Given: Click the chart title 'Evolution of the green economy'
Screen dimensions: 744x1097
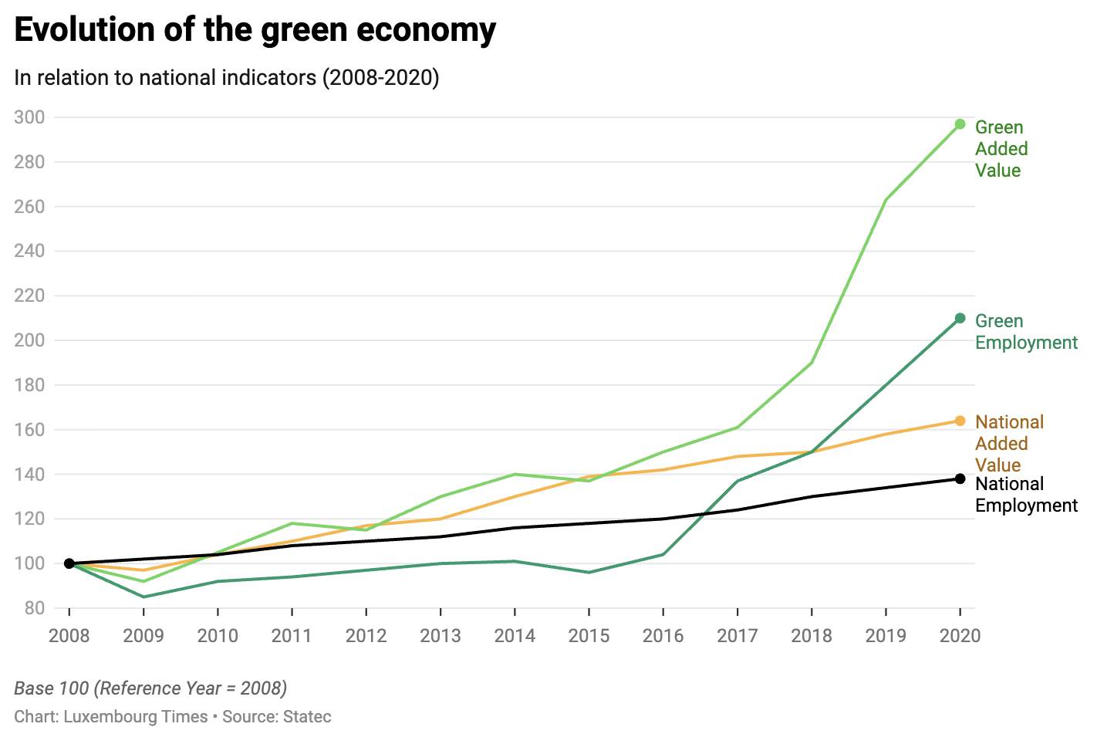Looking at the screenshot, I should (x=255, y=31).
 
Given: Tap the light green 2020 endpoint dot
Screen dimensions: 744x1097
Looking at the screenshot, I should (x=960, y=124).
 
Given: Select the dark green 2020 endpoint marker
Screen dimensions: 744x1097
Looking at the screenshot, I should (x=960, y=318).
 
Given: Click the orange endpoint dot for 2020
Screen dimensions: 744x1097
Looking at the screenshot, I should (x=960, y=421).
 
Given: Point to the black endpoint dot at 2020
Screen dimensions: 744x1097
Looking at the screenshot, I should (x=960, y=479).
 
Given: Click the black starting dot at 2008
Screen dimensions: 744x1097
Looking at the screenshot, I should (x=69, y=563).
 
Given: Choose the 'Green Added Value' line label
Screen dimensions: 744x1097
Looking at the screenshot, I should (x=1001, y=149).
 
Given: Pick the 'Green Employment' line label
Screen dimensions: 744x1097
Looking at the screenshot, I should (x=1025, y=332).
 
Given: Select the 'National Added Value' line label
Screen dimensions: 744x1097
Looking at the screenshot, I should (x=1008, y=443).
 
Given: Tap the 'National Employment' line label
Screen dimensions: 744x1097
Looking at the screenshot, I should (x=1025, y=495).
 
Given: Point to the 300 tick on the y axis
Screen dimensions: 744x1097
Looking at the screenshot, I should (x=29, y=117).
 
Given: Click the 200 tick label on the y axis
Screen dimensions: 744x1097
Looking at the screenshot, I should (x=29, y=340).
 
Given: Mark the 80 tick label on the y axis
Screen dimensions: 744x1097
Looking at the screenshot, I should (x=35, y=608).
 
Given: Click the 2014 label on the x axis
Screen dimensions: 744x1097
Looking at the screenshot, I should (x=515, y=636).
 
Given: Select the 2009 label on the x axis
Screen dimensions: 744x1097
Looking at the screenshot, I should (x=143, y=636).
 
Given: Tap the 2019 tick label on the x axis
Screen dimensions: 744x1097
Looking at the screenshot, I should (x=885, y=636).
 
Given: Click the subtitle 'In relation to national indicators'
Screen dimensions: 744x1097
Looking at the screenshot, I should (x=226, y=78).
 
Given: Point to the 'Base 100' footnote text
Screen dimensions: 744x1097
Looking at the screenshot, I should (x=150, y=688).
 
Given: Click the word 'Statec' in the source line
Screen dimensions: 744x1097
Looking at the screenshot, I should (x=307, y=716).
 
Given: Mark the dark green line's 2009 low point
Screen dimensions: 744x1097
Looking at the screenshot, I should (x=143, y=597).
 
